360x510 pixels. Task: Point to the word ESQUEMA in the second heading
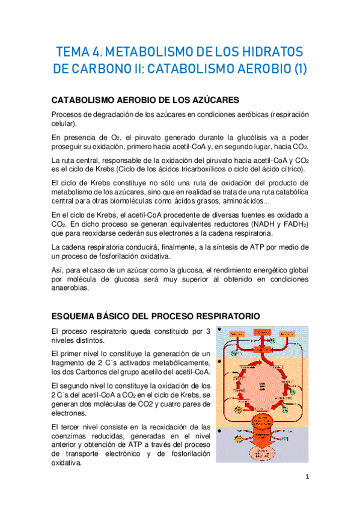[x=75, y=315]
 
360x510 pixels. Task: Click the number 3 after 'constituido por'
[x=208, y=331]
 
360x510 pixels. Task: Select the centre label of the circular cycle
[x=263, y=385]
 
